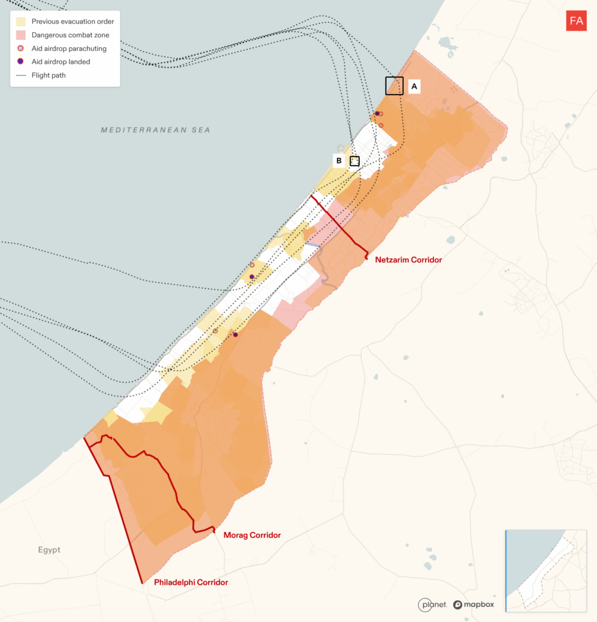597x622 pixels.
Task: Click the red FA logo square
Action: click(576, 21)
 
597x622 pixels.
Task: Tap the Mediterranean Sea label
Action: click(156, 130)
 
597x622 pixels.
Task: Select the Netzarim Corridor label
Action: click(409, 260)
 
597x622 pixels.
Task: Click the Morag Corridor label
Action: click(252, 535)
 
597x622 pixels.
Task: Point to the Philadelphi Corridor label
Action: click(191, 583)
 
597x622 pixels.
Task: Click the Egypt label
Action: click(49, 550)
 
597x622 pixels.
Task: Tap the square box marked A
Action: click(394, 86)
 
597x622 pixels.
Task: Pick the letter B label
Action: click(339, 161)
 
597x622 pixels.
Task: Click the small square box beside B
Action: click(354, 161)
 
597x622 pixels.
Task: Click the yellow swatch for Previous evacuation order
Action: click(21, 22)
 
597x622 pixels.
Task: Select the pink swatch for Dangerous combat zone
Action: click(21, 35)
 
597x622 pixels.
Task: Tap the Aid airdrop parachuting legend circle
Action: click(21, 49)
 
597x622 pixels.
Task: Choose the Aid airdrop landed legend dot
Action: click(21, 62)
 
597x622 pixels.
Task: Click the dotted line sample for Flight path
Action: click(21, 75)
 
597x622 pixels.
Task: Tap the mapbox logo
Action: click(474, 604)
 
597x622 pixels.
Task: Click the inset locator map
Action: click(545, 570)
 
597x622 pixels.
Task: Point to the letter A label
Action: click(414, 87)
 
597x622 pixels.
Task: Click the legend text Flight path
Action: click(49, 75)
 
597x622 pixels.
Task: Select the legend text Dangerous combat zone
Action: click(72, 35)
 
